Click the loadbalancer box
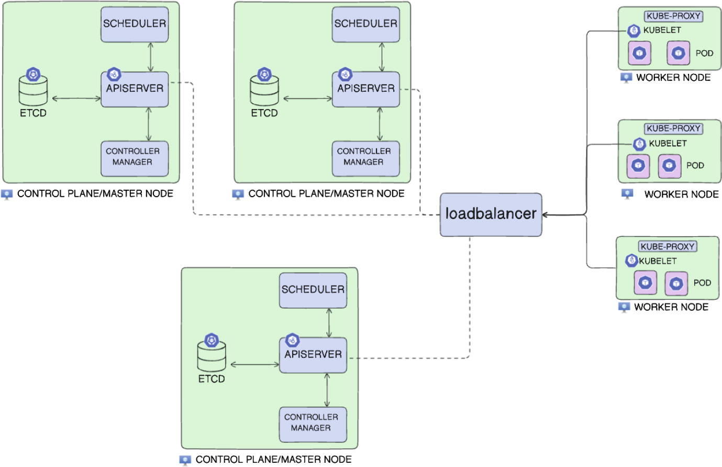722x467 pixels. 491,214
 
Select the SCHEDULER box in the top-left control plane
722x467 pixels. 135,24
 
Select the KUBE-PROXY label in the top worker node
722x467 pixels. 673,16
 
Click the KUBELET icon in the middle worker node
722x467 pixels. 639,144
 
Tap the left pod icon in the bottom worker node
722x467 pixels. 646,283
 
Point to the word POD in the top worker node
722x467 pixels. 704,53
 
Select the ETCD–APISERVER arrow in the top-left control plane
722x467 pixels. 76,98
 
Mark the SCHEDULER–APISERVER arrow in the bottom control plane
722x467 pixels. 329,323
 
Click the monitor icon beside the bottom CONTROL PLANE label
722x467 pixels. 185,460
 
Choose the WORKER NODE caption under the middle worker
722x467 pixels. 681,194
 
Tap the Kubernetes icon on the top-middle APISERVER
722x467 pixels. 345,74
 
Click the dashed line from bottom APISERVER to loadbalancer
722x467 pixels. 469,314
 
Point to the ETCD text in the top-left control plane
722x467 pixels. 33,113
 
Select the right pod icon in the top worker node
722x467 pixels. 679,53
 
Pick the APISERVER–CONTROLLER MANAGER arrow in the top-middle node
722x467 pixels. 381,124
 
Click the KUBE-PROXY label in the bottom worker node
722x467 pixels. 668,246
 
